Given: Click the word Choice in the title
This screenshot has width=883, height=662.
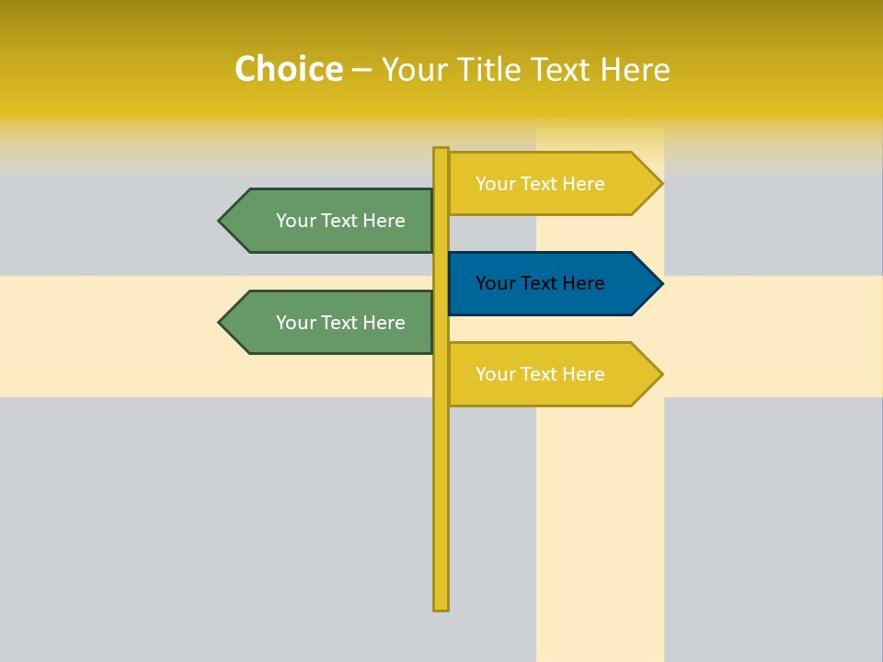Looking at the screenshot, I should [288, 70].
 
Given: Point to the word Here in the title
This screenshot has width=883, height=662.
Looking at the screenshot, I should [635, 70].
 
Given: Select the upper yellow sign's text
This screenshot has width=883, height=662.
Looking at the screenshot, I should [540, 184].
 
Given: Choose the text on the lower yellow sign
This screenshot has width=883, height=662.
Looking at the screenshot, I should [540, 374].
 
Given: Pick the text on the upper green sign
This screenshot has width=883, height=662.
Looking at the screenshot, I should [340, 221].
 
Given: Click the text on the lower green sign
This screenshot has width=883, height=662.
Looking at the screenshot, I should [340, 323].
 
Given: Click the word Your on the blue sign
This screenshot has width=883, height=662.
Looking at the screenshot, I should [495, 284].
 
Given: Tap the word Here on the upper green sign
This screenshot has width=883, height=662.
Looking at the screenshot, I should [384, 221].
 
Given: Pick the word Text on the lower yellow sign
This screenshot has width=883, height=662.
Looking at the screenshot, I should [539, 374].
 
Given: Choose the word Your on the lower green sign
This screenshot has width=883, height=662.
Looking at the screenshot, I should [295, 323].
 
